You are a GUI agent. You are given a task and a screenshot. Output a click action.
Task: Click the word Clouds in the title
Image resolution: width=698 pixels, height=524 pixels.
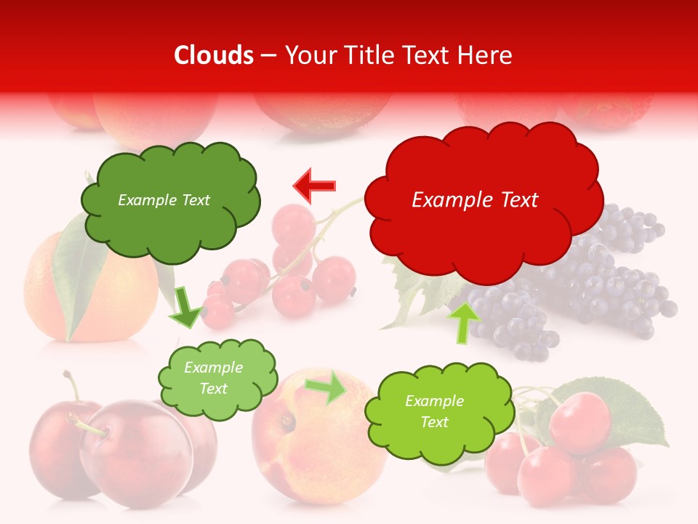pyautogui.click(x=214, y=55)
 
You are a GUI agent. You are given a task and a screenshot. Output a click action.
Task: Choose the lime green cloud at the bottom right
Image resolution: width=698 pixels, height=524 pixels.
pyautogui.click(x=433, y=412)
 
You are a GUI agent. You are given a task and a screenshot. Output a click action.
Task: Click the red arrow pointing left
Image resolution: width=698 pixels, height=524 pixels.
pyautogui.click(x=314, y=186)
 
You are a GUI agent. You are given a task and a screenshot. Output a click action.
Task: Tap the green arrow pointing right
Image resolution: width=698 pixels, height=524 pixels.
pyautogui.click(x=326, y=387)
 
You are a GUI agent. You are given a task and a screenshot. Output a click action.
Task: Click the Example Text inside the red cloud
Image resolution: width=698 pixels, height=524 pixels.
pyautogui.click(x=475, y=200)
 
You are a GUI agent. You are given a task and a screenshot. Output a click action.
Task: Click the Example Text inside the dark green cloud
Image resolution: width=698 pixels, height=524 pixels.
pyautogui.click(x=164, y=200)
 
